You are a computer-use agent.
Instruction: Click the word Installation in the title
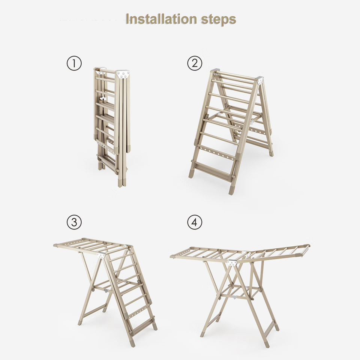click(161, 19)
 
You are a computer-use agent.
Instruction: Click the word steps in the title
click(219, 20)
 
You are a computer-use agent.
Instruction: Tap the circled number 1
click(74, 63)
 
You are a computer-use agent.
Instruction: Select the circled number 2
click(195, 63)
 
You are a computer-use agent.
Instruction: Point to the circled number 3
click(74, 222)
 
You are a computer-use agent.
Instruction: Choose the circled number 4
click(195, 222)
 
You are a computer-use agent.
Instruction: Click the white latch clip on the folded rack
click(102, 99)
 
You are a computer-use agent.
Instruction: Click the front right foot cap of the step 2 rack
click(231, 190)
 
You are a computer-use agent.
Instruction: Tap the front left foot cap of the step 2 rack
click(191, 174)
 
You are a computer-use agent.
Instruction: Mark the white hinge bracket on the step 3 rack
click(101, 255)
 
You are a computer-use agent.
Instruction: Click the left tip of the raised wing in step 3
click(55, 245)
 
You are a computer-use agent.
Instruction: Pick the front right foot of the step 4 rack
click(267, 344)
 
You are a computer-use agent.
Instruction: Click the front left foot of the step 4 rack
click(202, 334)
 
